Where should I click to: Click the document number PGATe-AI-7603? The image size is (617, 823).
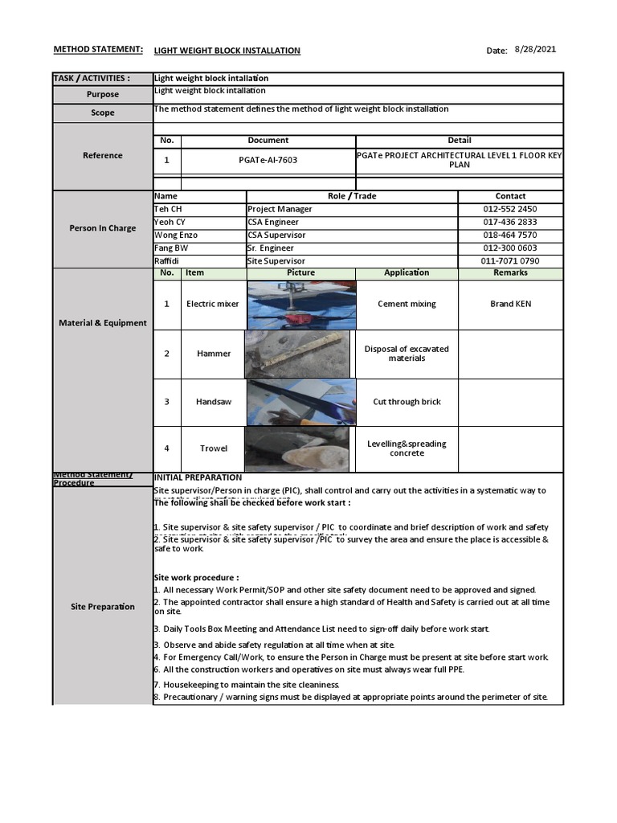268,160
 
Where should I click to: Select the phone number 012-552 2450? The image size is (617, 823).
510,209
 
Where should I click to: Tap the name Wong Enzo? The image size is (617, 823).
176,235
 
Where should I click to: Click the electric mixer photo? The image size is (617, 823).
301,305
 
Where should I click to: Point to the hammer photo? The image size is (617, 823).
297,354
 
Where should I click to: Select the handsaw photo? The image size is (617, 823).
301,402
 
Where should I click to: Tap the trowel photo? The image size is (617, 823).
297,448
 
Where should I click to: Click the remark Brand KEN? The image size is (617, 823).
510,305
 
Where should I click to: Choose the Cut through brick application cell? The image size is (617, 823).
407,402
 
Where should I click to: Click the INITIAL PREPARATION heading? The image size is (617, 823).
197,477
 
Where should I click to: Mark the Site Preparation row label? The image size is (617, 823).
103,607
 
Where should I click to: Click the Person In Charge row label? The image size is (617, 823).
103,228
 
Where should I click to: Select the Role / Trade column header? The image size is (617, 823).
352,196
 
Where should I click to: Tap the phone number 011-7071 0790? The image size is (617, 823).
510,261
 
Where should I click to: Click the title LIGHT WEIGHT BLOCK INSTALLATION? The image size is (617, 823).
227,51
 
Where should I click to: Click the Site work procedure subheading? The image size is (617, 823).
196,578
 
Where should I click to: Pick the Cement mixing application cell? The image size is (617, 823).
407,305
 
